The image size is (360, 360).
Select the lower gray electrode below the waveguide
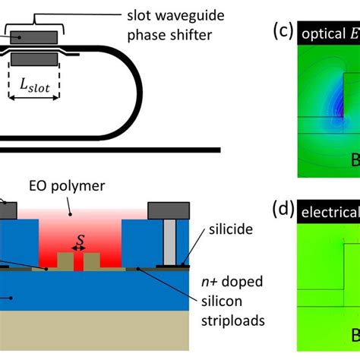tap(34, 60)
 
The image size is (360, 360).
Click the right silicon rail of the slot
tap(92, 262)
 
